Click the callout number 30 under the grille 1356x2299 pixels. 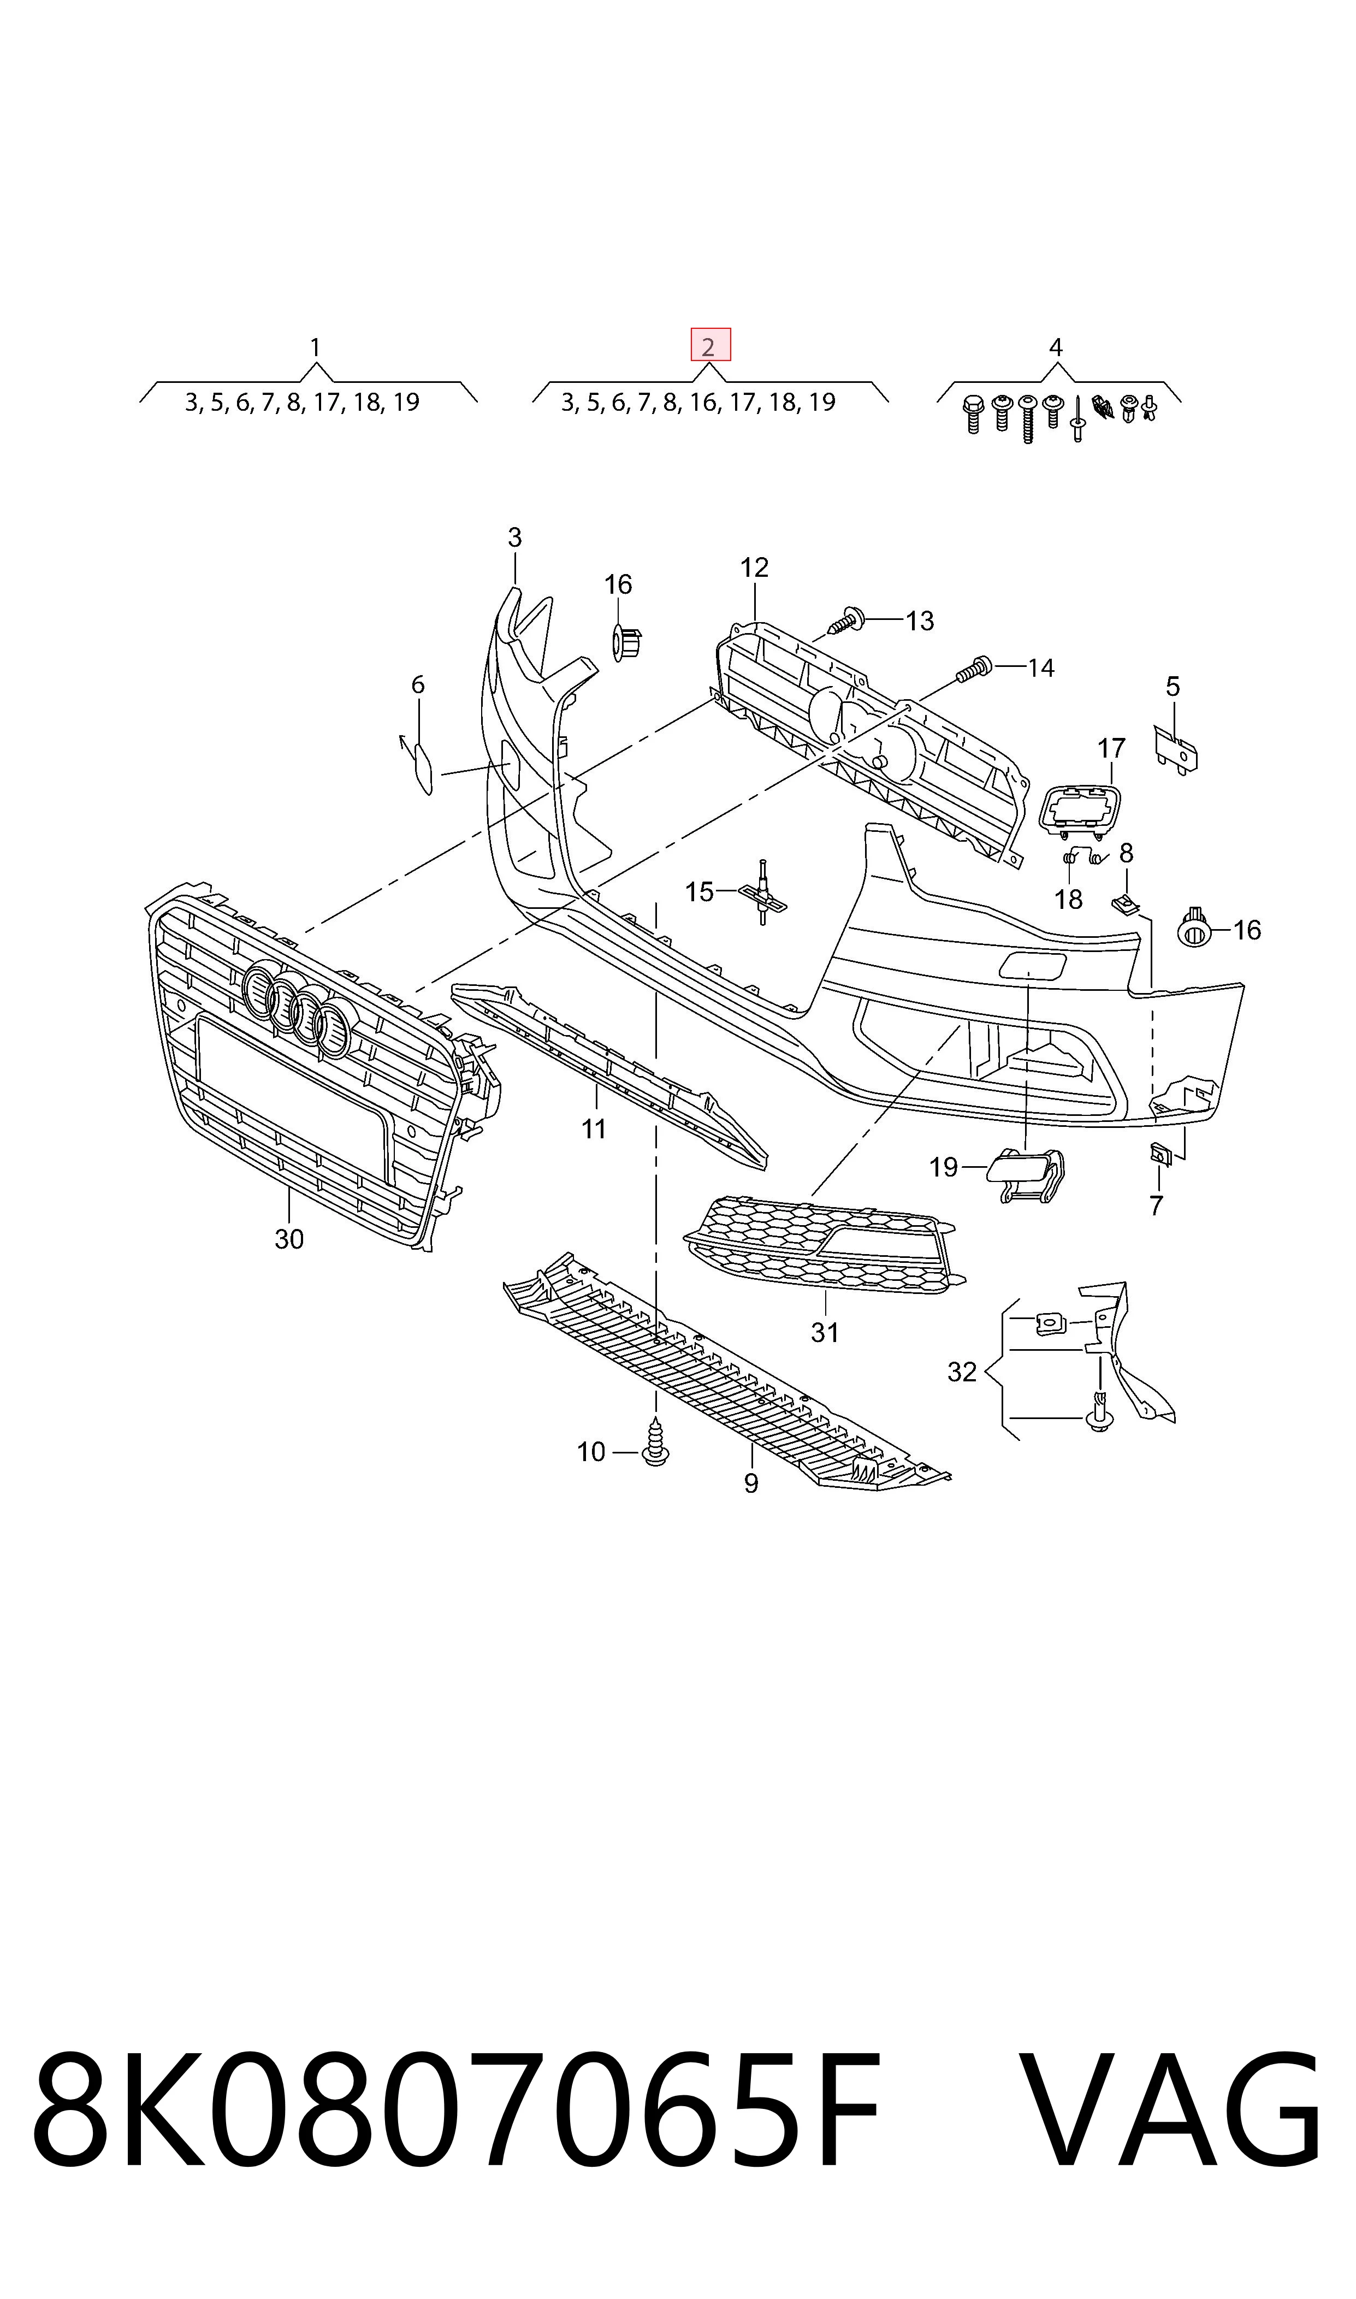[x=289, y=1239]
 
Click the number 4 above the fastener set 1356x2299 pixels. [x=1056, y=347]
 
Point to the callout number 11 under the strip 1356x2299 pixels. [x=594, y=1130]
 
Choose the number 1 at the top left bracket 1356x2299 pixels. [x=315, y=347]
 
